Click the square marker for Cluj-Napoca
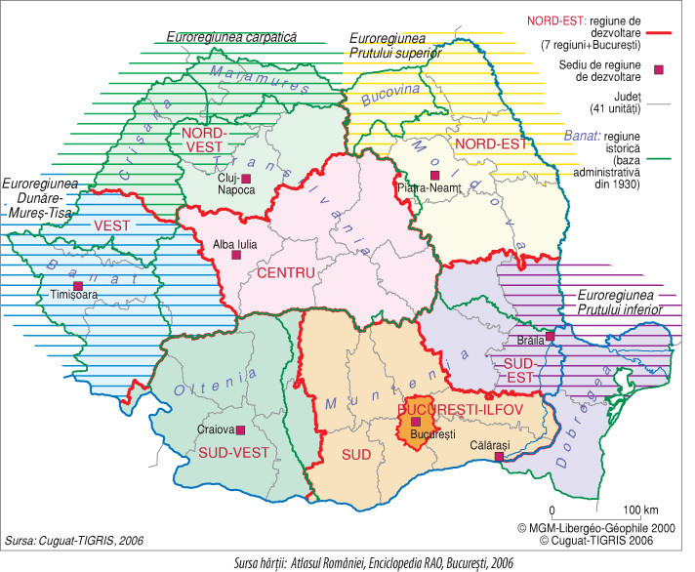(247, 178)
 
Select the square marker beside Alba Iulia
(235, 255)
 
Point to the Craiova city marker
(244, 429)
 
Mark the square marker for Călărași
(499, 456)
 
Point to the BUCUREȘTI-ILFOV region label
(454, 406)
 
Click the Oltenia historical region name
(206, 388)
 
